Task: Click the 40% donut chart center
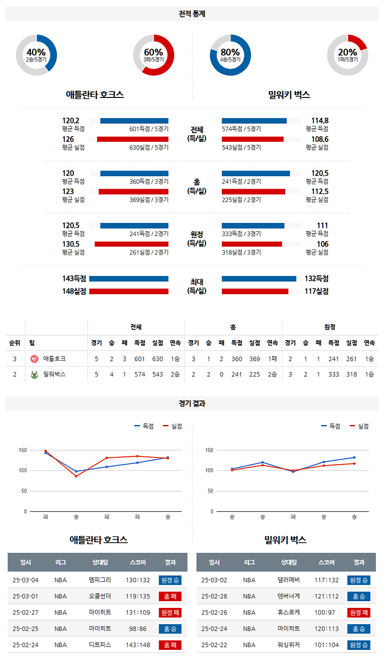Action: pos(36,55)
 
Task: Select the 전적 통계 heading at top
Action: pos(192,14)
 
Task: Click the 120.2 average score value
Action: pos(70,121)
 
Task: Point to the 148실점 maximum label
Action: pos(74,291)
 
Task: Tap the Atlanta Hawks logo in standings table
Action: pos(34,359)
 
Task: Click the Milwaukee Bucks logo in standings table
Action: pos(34,374)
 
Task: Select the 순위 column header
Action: pos(14,343)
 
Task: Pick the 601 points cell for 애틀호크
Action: pos(139,359)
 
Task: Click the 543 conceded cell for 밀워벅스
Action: pos(158,374)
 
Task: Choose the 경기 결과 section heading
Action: pos(192,404)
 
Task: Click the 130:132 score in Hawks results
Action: pos(138,580)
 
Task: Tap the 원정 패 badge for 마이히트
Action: pos(170,613)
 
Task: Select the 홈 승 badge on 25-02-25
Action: pos(170,629)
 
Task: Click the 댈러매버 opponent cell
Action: pos(289,580)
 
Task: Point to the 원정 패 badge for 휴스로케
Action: pos(358,613)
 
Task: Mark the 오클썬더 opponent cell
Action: pos(100,596)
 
